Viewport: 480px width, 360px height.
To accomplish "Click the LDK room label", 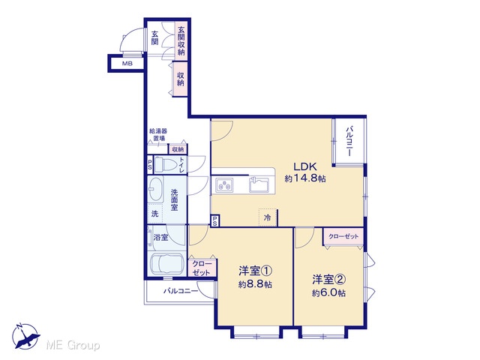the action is (x=305, y=166).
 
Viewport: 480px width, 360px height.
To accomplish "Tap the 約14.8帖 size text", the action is (x=305, y=178).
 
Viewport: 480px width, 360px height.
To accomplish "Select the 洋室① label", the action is (x=255, y=271).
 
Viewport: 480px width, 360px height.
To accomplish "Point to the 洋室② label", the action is (x=329, y=279).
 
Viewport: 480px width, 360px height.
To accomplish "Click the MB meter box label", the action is (x=127, y=64).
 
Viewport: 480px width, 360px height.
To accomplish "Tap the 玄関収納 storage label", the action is (x=181, y=41).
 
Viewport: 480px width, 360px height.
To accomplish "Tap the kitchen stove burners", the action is (x=224, y=185).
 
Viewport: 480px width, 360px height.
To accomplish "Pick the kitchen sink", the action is (x=259, y=184).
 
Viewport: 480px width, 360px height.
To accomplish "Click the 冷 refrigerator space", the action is (x=268, y=218).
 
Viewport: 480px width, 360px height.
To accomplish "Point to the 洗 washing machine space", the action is (x=155, y=214).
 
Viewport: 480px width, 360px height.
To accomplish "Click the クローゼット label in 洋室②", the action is (x=343, y=237).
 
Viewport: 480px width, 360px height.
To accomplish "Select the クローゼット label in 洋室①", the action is (x=202, y=268).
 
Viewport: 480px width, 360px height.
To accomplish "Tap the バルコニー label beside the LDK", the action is (x=349, y=142).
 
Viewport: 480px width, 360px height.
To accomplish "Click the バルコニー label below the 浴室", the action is (x=181, y=291).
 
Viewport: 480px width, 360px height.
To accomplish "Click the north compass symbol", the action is (x=25, y=337).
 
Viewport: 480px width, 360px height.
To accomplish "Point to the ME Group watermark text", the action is (x=73, y=346).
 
